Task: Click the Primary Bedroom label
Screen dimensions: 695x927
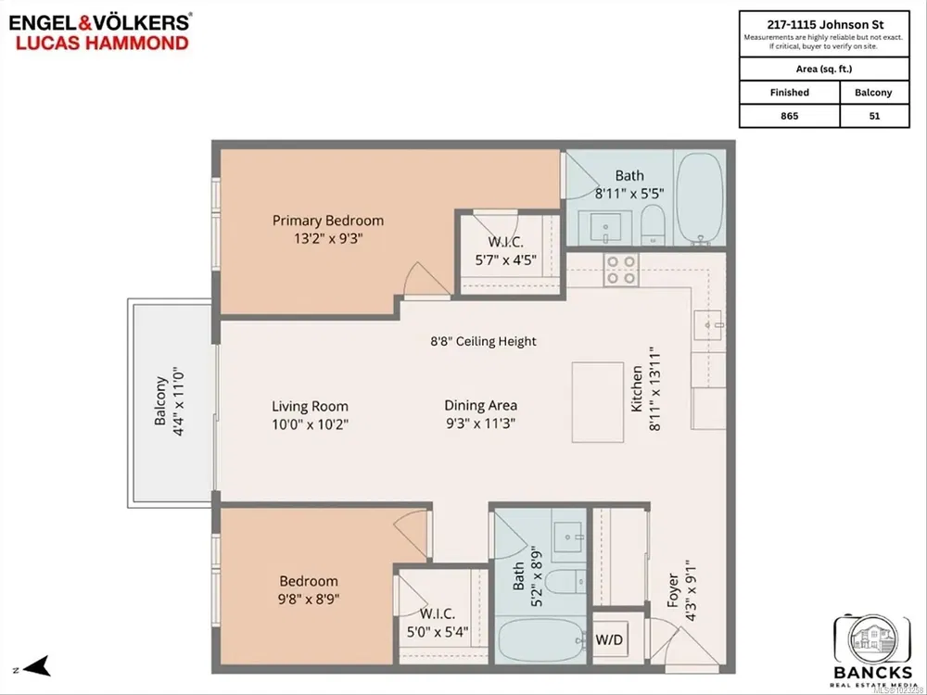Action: (x=327, y=221)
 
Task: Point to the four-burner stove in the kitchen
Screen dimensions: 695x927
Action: (x=620, y=269)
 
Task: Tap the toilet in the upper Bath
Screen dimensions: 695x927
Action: (x=652, y=223)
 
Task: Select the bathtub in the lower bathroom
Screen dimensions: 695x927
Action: (x=541, y=641)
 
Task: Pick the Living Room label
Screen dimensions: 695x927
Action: (x=310, y=406)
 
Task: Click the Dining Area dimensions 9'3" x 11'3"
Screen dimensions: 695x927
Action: (x=479, y=423)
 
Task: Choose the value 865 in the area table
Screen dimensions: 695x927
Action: (x=789, y=116)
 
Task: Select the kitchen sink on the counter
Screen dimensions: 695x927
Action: (x=713, y=324)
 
